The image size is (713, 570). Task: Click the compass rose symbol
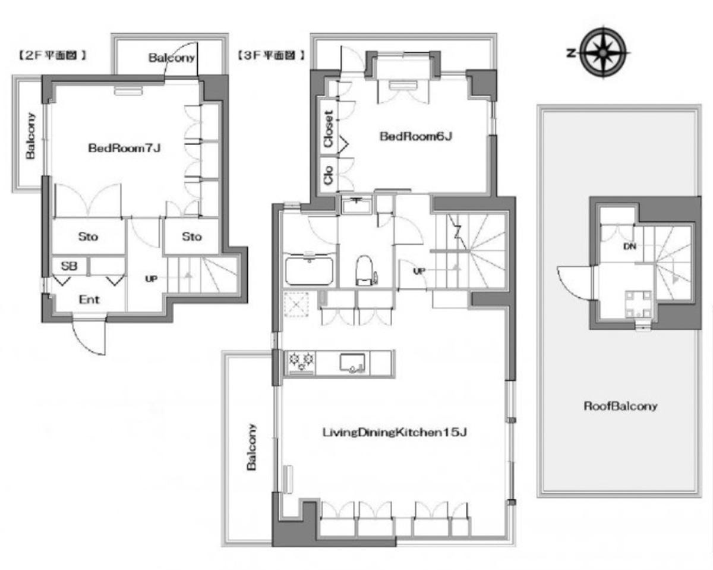(x=604, y=52)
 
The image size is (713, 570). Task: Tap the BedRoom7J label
(x=124, y=148)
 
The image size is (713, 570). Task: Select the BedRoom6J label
(x=416, y=136)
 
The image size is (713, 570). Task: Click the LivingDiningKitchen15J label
(x=395, y=432)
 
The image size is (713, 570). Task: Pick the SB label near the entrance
(x=69, y=266)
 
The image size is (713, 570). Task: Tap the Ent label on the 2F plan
(x=89, y=300)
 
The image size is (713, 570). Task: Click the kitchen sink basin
(x=352, y=363)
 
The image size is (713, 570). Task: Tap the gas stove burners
(x=301, y=361)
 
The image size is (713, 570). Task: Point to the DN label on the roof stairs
(x=629, y=246)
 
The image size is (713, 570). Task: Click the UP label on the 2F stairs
(x=151, y=279)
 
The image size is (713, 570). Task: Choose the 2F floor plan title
(x=52, y=55)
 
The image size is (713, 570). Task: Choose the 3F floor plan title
(x=270, y=55)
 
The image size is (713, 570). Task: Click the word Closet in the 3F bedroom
(x=328, y=128)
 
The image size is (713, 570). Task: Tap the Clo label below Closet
(x=328, y=175)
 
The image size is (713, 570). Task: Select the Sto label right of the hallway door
(x=191, y=237)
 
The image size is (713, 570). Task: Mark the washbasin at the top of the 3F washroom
(x=356, y=206)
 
